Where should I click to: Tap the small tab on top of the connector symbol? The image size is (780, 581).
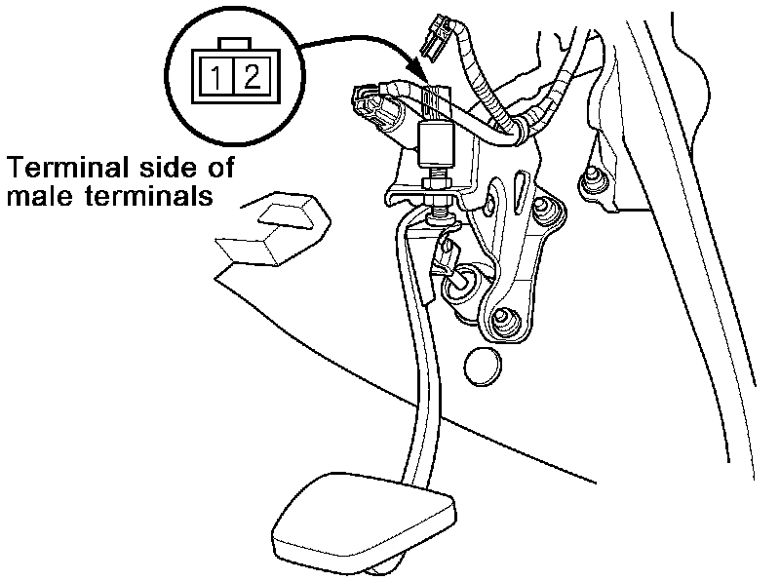(x=232, y=44)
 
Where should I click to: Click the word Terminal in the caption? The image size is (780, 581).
(x=67, y=167)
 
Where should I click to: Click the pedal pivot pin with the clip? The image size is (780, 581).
(x=458, y=282)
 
